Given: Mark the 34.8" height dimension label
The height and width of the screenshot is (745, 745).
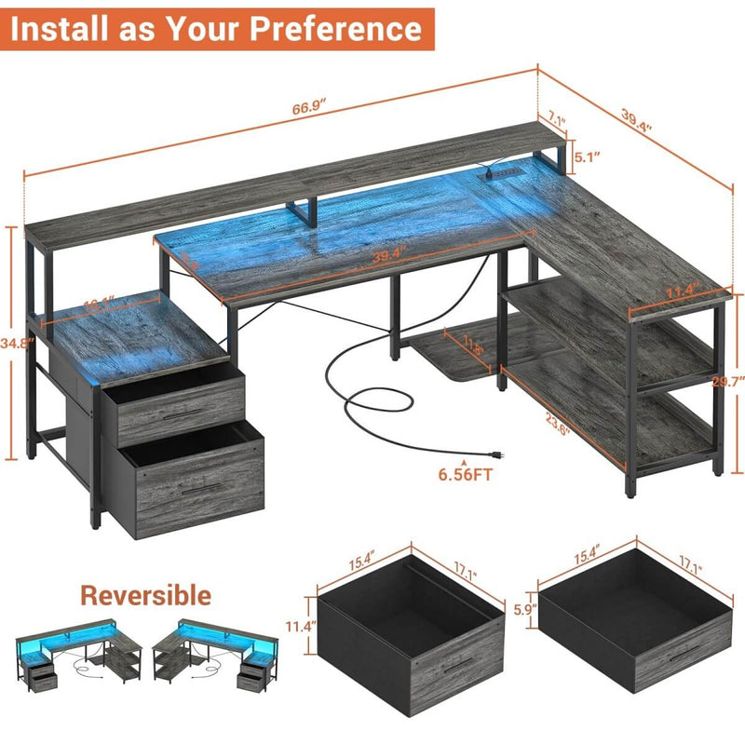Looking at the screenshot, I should pyautogui.click(x=13, y=344).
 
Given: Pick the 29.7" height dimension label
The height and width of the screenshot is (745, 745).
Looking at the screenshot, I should pyautogui.click(x=732, y=381).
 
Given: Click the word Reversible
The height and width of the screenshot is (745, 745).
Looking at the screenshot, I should pyautogui.click(x=145, y=594).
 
